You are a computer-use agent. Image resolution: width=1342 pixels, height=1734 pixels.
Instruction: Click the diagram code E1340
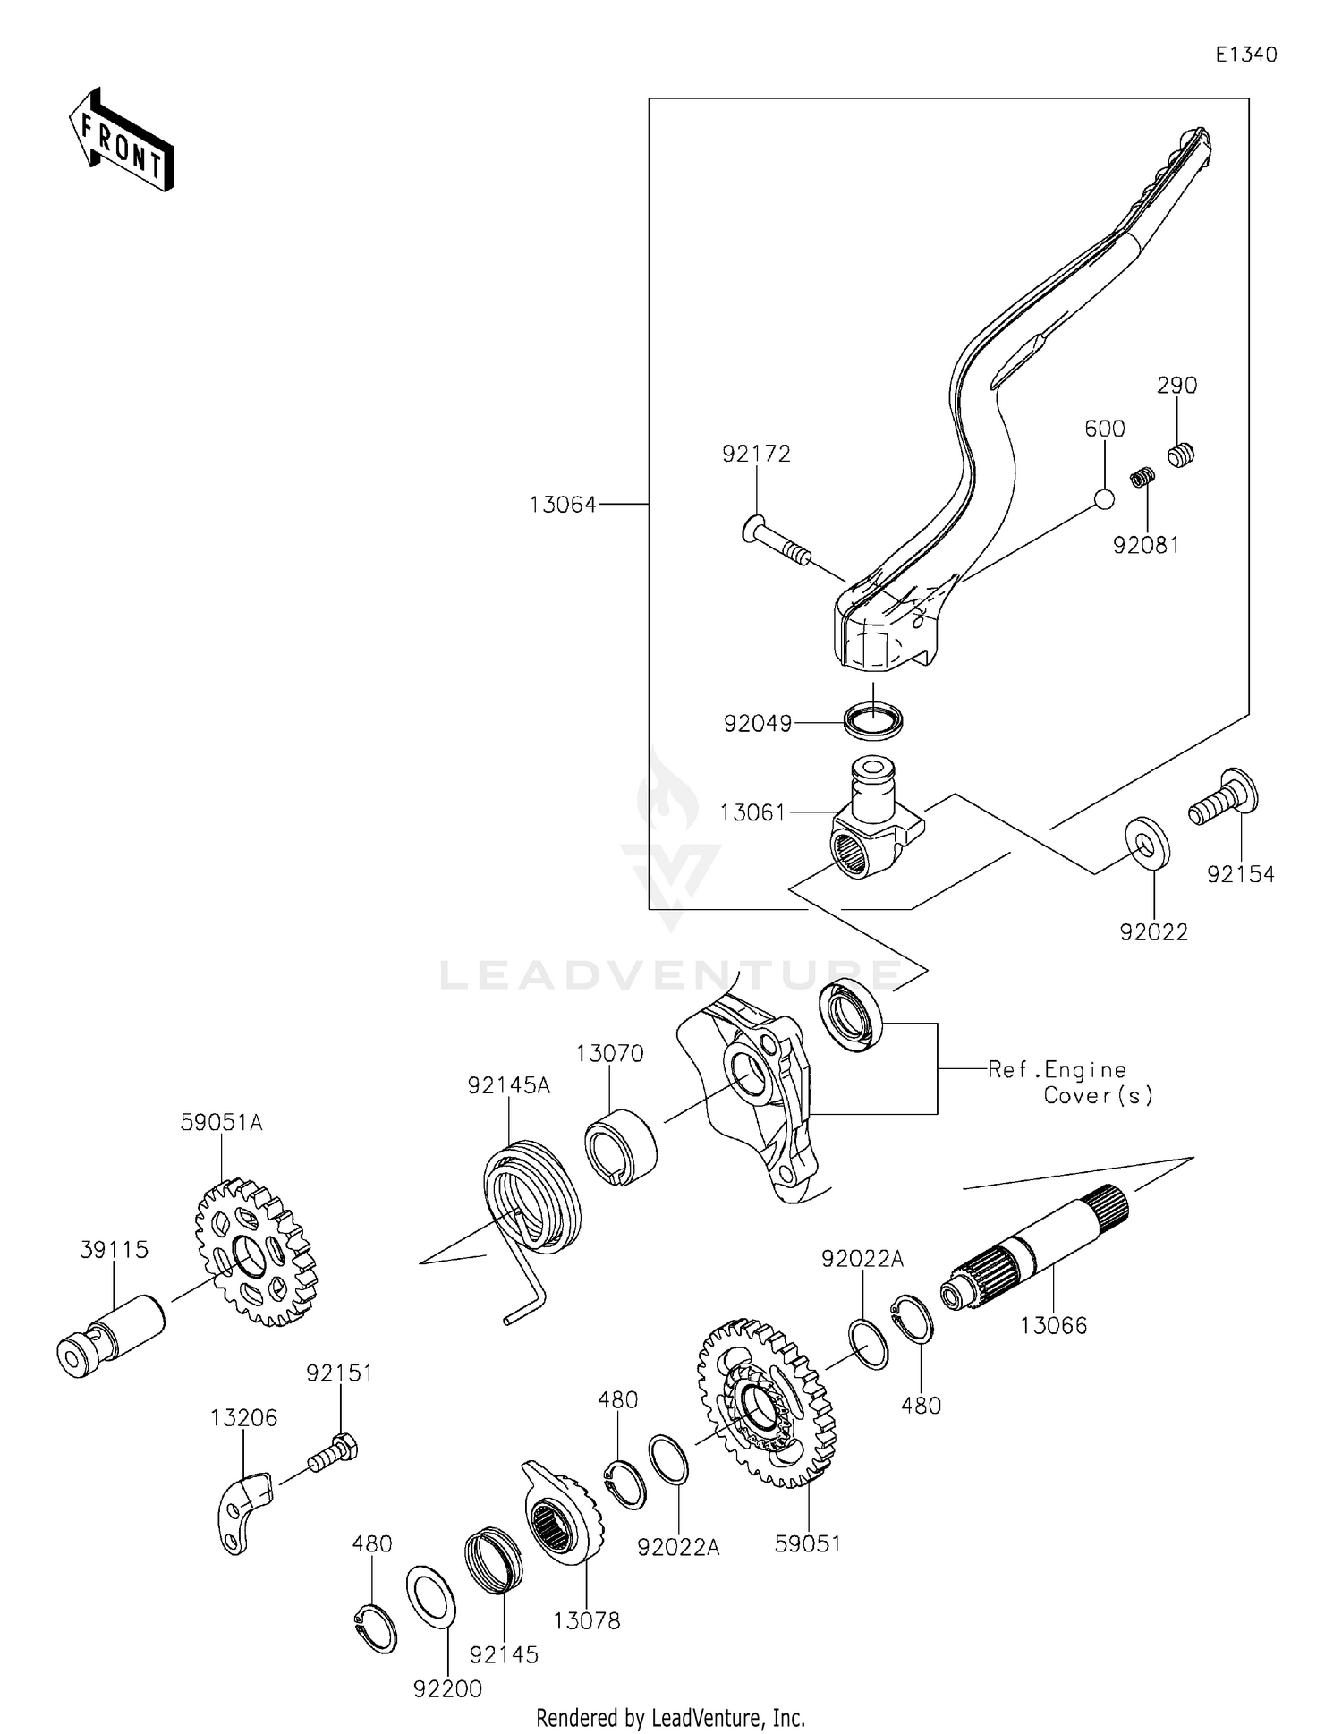pyautogui.click(x=1245, y=55)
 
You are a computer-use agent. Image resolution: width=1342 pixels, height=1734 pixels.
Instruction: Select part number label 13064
pyautogui.click(x=563, y=505)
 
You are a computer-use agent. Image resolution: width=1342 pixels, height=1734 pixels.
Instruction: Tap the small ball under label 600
pyautogui.click(x=1105, y=499)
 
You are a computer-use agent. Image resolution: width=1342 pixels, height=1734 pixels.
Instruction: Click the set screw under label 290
pyautogui.click(x=1181, y=455)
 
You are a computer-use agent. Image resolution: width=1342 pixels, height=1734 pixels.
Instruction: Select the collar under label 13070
pyautogui.click(x=621, y=1147)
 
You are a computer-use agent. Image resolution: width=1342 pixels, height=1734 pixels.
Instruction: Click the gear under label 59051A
pyautogui.click(x=256, y=1253)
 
